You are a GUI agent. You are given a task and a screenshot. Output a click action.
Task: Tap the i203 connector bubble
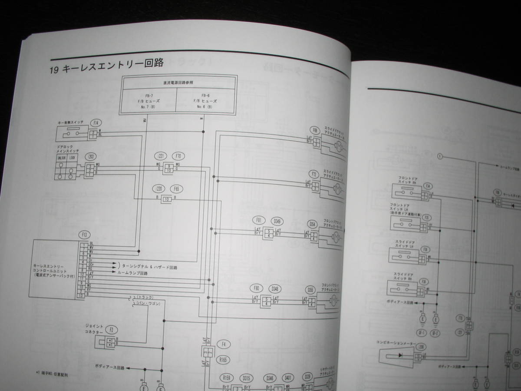tap(90, 156)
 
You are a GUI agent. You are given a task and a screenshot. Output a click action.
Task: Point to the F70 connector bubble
tap(177, 156)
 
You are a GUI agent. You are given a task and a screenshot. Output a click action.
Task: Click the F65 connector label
tap(176, 189)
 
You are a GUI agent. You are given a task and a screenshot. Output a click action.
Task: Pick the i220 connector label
tap(160, 189)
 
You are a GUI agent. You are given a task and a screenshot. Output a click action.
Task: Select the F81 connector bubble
tap(259, 220)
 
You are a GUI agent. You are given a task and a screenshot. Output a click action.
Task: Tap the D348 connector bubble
tap(275, 288)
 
